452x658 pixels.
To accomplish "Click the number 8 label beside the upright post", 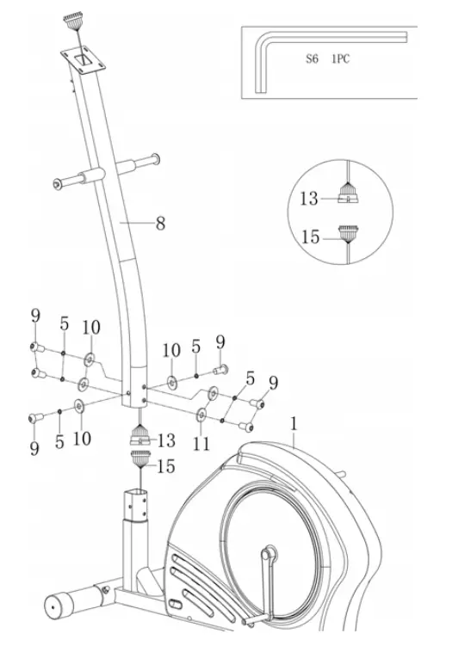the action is point(160,224).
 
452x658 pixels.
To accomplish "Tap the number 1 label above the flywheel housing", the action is point(294,424).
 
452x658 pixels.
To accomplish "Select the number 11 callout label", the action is point(201,443).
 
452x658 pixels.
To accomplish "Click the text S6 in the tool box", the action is point(312,58).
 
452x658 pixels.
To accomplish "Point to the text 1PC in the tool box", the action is point(341,58).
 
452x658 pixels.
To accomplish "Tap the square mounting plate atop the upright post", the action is point(84,61).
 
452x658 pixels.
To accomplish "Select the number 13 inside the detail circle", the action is point(309,199).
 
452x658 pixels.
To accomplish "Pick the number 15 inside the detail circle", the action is point(311,237).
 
